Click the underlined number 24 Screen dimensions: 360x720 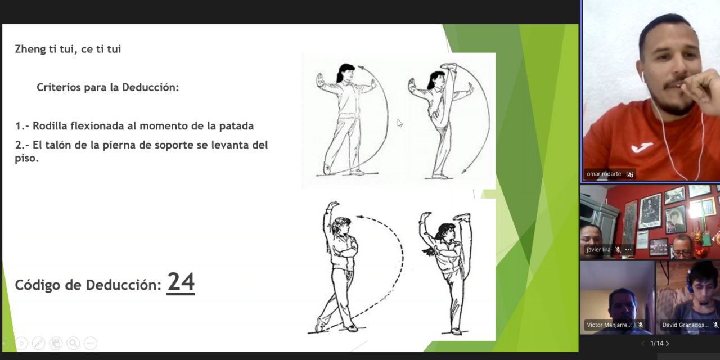point(181,282)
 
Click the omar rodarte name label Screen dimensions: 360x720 point(604,174)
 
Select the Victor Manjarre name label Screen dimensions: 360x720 point(609,325)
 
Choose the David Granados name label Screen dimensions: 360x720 point(685,325)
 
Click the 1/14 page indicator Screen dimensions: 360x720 point(656,343)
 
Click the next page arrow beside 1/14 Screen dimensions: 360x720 point(668,343)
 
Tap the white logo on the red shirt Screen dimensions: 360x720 point(642,147)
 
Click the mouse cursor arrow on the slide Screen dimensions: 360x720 point(399,123)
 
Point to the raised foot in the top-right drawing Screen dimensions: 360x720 point(449,67)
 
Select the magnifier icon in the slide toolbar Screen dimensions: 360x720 point(73,343)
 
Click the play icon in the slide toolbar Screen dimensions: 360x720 point(21,343)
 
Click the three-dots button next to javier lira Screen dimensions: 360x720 point(628,249)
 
